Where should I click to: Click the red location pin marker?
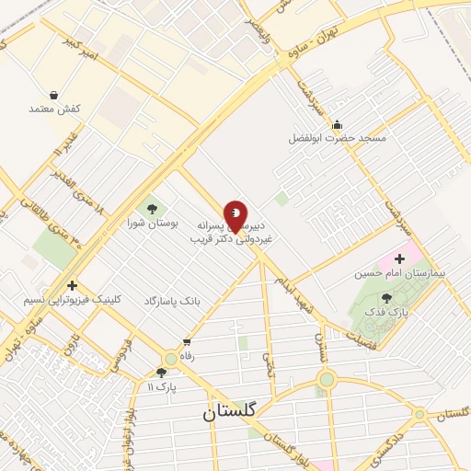[235, 215]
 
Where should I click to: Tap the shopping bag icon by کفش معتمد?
[54, 95]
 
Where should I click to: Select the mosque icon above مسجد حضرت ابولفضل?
[337, 125]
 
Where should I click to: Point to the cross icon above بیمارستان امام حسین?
[399, 259]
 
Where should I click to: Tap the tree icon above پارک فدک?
[385, 297]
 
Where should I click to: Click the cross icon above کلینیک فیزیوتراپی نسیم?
[72, 285]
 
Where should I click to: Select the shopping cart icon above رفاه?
[187, 342]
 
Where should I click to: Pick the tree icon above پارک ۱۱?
[162, 373]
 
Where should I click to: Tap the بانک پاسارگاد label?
[171, 302]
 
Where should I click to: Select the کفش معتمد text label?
[54, 109]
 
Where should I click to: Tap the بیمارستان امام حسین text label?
[399, 273]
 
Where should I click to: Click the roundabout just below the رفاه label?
[170, 359]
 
